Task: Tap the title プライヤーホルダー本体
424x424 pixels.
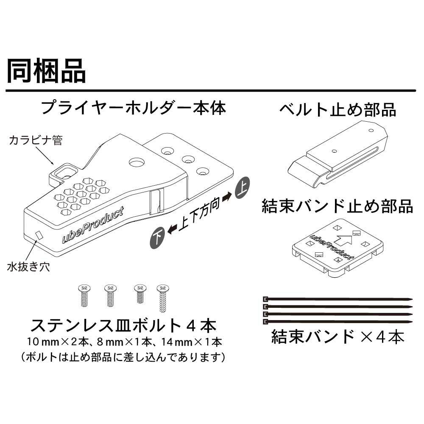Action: click(x=133, y=108)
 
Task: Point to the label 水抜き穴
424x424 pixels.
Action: click(x=28, y=267)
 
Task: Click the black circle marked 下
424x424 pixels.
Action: click(x=157, y=238)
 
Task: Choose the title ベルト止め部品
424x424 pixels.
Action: click(x=337, y=110)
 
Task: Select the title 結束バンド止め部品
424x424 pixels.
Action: click(x=337, y=206)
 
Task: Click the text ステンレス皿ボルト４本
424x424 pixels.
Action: click(x=123, y=326)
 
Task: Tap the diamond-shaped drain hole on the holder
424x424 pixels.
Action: click(x=39, y=234)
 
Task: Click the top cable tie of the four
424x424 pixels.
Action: click(x=338, y=299)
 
